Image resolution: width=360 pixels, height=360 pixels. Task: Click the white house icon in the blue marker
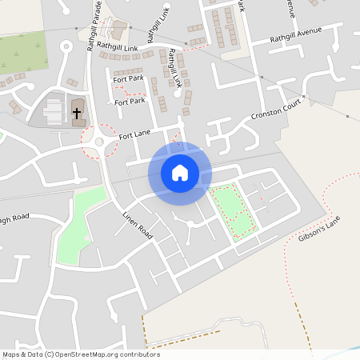pyautogui.click(x=179, y=172)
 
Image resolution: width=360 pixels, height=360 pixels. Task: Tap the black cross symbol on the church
pyautogui.click(x=77, y=114)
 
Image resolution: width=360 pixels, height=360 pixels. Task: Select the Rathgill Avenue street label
pyautogui.click(x=295, y=37)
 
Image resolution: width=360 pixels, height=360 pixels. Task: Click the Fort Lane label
pyautogui.click(x=135, y=137)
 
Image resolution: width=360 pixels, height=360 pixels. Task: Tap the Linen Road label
pyautogui.click(x=137, y=226)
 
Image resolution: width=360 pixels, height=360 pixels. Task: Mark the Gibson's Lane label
pyautogui.click(x=319, y=230)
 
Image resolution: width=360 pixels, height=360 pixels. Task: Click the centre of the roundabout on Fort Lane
pyautogui.click(x=99, y=142)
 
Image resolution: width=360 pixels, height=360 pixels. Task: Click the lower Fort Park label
pyautogui.click(x=130, y=102)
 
